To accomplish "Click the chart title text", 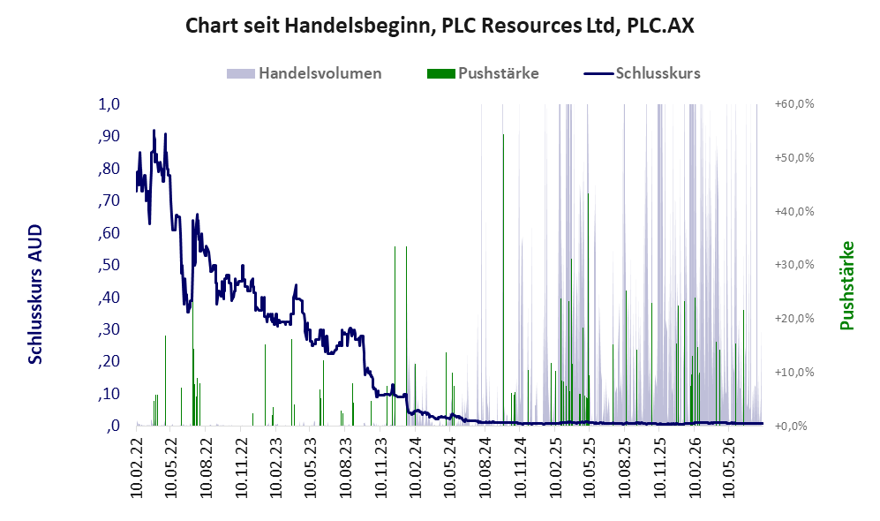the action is point(440,26).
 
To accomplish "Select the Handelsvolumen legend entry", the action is point(305,73).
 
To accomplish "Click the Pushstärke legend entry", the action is point(483,73).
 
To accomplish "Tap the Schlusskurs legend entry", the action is point(642,73).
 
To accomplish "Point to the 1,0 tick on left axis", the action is point(109,104).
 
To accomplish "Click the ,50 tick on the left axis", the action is point(109,264).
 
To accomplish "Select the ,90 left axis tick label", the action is point(109,136).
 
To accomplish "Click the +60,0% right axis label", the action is point(794,104).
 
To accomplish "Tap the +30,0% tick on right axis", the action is point(794,264).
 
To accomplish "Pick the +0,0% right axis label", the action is point(792,426).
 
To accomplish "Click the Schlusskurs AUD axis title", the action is point(35,294).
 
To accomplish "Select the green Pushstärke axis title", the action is point(846,285).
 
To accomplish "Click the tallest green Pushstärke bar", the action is point(503,280).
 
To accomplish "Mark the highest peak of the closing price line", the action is point(154,131).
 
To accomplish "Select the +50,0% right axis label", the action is point(794,157).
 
